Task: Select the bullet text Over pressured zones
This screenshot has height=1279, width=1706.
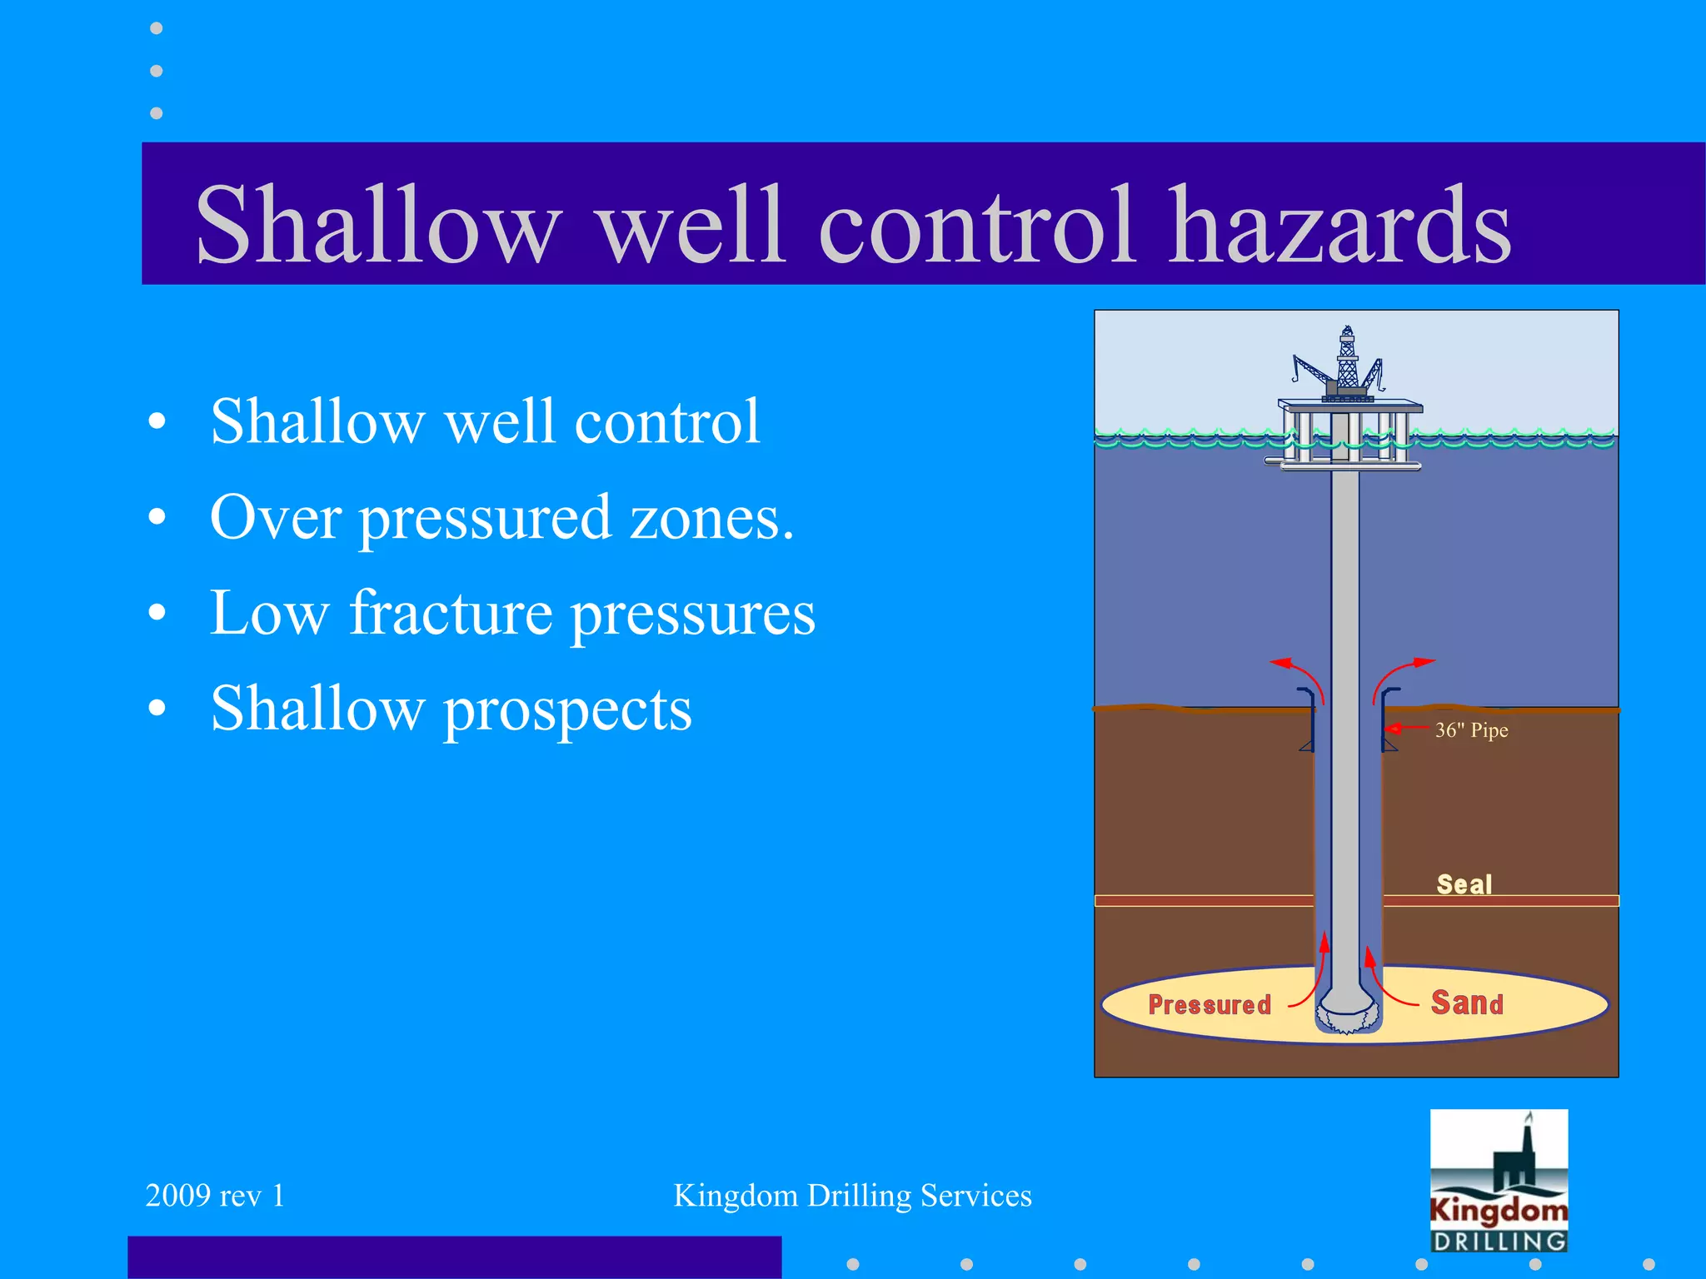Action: coord(502,518)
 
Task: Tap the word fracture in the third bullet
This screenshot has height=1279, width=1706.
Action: coord(450,613)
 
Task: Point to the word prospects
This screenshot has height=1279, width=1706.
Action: coord(567,709)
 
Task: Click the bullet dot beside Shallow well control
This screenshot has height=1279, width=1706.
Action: coord(157,422)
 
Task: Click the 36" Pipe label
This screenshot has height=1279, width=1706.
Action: coord(1471,730)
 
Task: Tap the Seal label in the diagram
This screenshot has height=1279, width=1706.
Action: coord(1464,884)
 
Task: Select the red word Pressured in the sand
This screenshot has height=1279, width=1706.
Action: coord(1210,1005)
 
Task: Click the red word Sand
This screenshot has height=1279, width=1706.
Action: coord(1467,1003)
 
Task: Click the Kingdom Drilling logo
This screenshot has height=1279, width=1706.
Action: coord(1499,1181)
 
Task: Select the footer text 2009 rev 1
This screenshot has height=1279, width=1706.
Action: coord(215,1196)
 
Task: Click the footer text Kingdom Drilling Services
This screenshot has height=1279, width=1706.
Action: coord(852,1196)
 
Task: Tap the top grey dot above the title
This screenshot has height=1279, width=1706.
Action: coord(157,28)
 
